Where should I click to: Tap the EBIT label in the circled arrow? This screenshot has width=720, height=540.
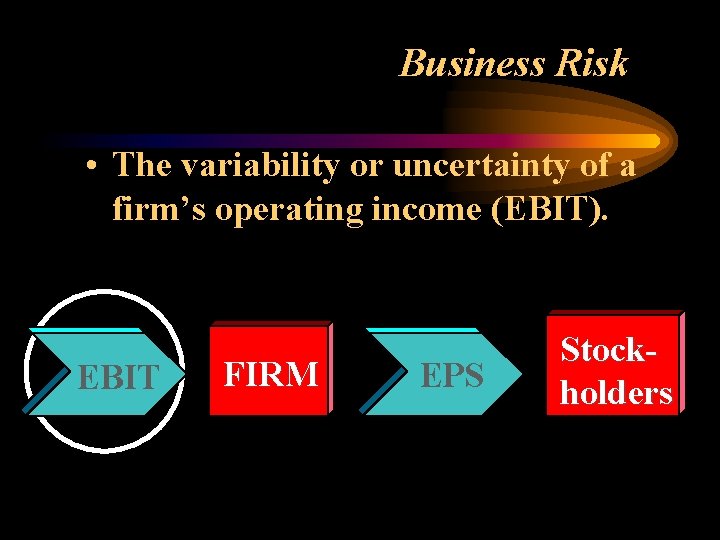click(x=118, y=377)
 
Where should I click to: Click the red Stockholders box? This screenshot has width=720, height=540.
click(x=615, y=364)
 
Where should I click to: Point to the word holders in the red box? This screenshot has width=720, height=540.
click(x=616, y=393)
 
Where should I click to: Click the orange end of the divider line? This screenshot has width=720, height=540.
click(x=650, y=141)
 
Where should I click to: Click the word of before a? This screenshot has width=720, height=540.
click(x=590, y=165)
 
